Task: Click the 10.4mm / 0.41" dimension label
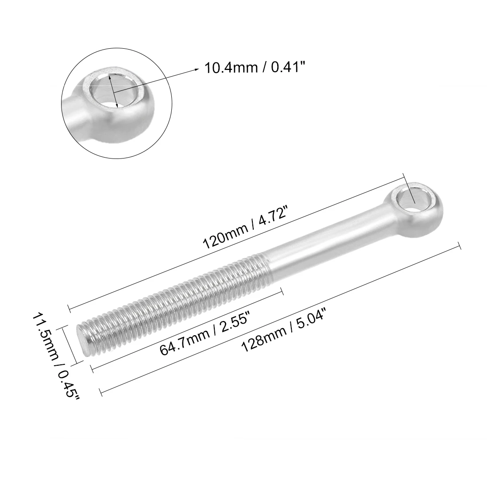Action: [x=255, y=68]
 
